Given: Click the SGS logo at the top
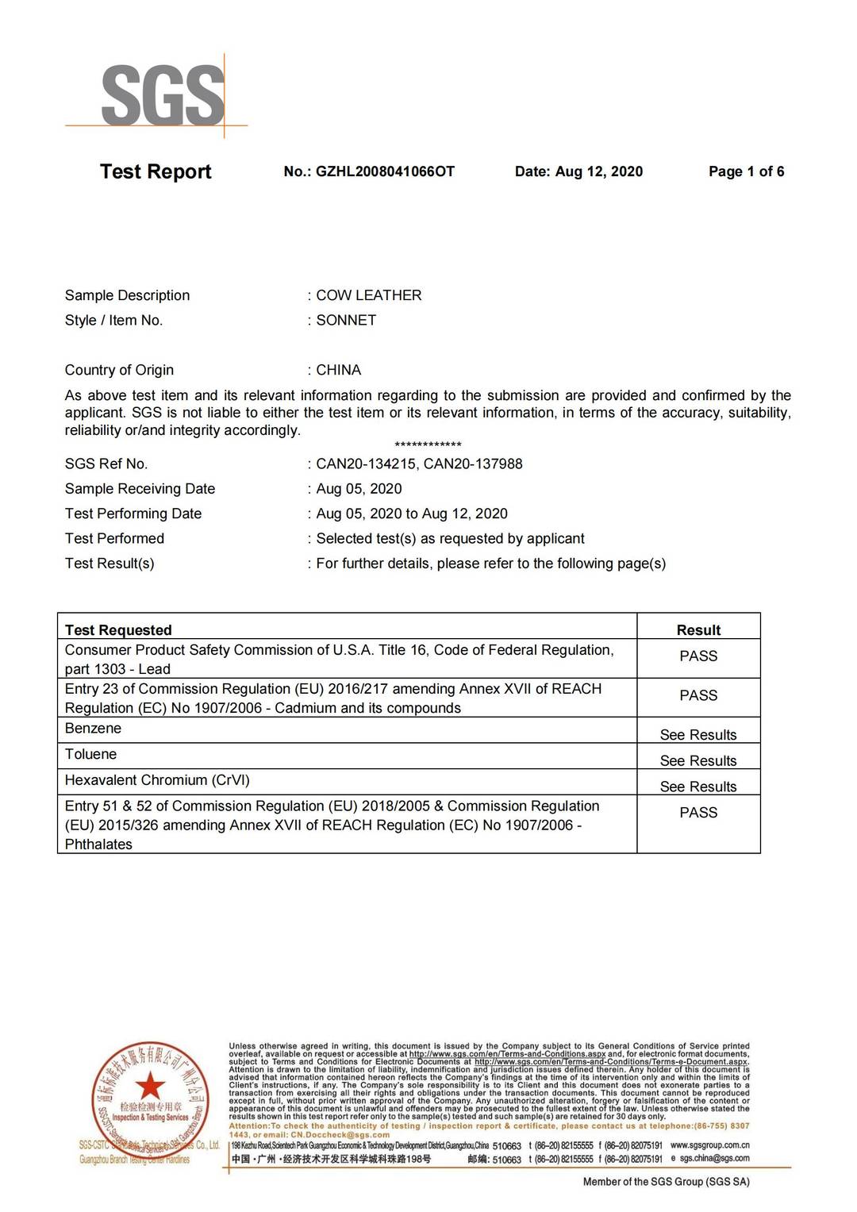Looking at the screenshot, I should tap(163, 95).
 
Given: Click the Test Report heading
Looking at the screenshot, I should tap(156, 171).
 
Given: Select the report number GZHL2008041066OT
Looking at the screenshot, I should tap(385, 171).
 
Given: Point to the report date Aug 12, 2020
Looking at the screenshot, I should tap(598, 171).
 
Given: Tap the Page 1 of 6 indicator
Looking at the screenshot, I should tap(746, 171).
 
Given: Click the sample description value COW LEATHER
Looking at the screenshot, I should tap(369, 295).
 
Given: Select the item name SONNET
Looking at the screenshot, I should tap(346, 320).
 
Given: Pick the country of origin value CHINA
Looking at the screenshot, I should tap(339, 370).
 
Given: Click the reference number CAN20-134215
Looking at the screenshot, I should tap(366, 464).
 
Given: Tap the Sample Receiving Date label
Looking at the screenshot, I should tap(140, 489).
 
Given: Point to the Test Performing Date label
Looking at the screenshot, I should tap(133, 514).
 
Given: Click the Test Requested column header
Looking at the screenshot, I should tap(118, 630).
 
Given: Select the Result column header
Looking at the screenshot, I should tap(698, 630).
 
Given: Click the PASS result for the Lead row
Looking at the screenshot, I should tap(698, 656).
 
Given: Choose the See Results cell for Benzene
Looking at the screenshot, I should tap(698, 735).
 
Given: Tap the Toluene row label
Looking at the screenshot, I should tap(90, 754).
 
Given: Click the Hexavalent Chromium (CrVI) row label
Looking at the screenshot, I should tap(157, 780).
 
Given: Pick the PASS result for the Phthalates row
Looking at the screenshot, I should tap(698, 813).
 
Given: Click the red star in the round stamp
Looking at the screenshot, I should tap(149, 1085).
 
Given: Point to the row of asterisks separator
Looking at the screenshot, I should tap(428, 445).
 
